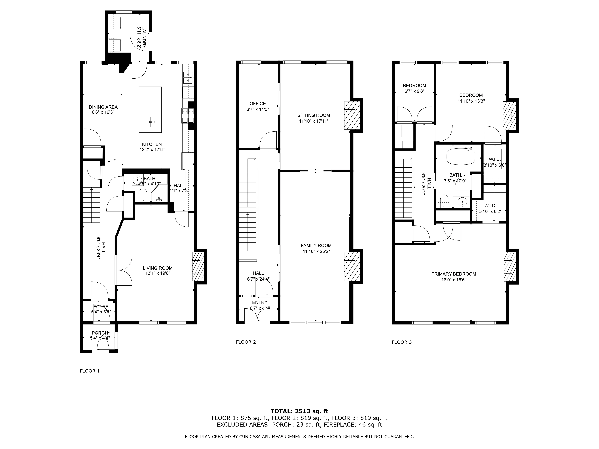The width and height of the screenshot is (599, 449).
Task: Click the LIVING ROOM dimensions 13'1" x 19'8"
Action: pyautogui.click(x=158, y=273)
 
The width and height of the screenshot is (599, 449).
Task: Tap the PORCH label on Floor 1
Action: pyautogui.click(x=100, y=333)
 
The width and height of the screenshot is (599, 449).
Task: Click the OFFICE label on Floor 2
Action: pyautogui.click(x=258, y=103)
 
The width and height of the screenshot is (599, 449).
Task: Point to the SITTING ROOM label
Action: pyautogui.click(x=314, y=115)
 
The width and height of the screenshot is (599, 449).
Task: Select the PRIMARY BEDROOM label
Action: pyautogui.click(x=454, y=274)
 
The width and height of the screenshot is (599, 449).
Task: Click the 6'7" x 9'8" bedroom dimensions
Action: pyautogui.click(x=414, y=91)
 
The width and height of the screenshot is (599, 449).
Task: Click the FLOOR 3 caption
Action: pyautogui.click(x=402, y=342)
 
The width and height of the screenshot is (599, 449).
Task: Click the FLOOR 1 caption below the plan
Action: pyautogui.click(x=90, y=371)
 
